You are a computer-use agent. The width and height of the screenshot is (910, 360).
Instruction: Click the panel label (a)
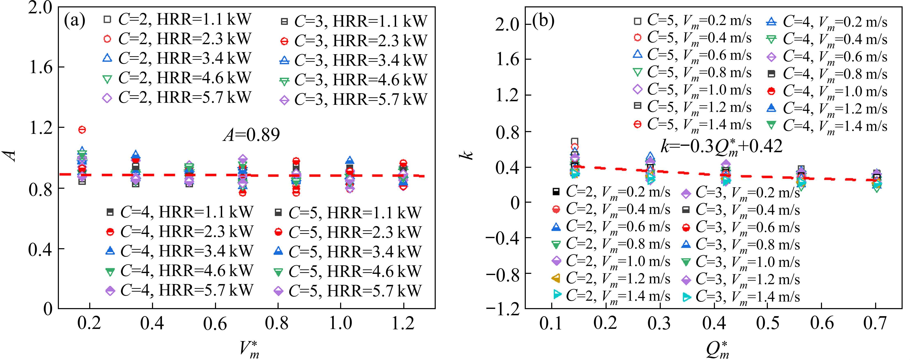tap(74, 21)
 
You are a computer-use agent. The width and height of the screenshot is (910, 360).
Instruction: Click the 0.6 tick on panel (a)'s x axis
tap(215, 323)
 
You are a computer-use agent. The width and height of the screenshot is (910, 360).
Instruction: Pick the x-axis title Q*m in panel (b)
tap(717, 350)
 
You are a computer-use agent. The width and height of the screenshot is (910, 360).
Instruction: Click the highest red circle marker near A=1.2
tap(82, 130)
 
